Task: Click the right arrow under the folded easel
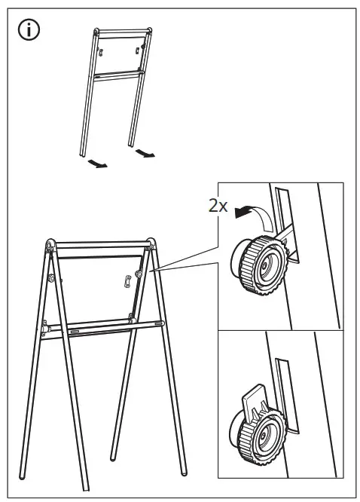click(145, 155)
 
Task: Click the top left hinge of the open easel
click(50, 245)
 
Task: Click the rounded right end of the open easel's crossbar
click(160, 324)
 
